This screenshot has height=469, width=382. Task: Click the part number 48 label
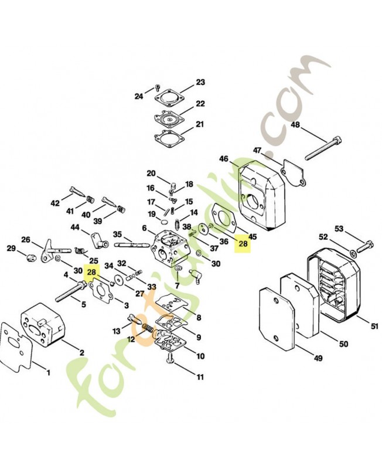coord(295,125)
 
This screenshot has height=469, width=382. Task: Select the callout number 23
coord(200,82)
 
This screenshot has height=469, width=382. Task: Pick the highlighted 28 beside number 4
coord(92,273)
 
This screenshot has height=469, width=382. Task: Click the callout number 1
coord(48,372)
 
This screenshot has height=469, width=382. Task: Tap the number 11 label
coord(200,376)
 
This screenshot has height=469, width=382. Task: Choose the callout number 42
coord(55,203)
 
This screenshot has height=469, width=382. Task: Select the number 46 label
coord(224,159)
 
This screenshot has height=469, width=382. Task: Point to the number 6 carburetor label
coord(144,229)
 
